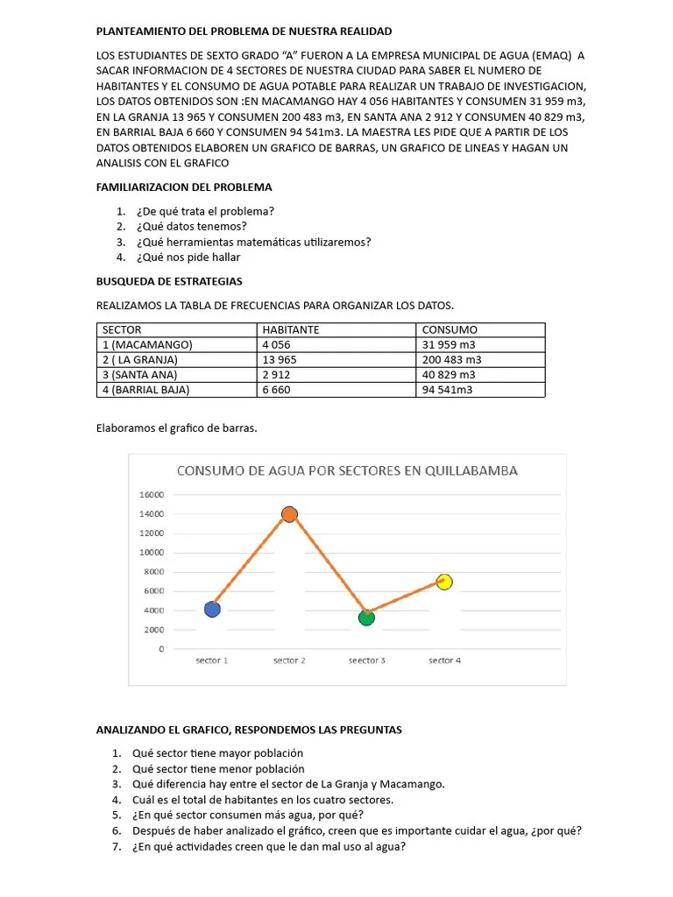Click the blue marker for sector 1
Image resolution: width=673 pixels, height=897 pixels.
[212, 609]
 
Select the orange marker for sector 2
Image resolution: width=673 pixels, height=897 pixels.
[289, 514]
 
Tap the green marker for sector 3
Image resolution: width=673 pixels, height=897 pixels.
[366, 618]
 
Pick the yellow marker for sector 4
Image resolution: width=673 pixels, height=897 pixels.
[444, 582]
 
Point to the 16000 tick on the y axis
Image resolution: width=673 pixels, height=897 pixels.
[152, 495]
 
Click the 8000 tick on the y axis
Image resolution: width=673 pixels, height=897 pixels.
[154, 572]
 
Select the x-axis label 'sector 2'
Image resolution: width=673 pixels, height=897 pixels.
[289, 660]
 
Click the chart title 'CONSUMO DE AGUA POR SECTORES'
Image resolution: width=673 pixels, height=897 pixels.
[347, 470]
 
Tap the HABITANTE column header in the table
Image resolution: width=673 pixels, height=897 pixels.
[290, 330]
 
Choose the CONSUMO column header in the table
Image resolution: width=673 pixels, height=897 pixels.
[450, 330]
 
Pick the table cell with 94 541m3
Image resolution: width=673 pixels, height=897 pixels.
[447, 390]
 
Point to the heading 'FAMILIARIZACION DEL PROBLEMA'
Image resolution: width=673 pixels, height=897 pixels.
[184, 187]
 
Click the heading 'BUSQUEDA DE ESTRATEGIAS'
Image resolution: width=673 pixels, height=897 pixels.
[169, 281]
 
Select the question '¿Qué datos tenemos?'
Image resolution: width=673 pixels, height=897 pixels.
[191, 226]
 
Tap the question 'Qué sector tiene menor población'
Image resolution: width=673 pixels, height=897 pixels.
[218, 768]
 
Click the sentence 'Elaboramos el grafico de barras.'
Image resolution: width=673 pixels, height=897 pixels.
[177, 428]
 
